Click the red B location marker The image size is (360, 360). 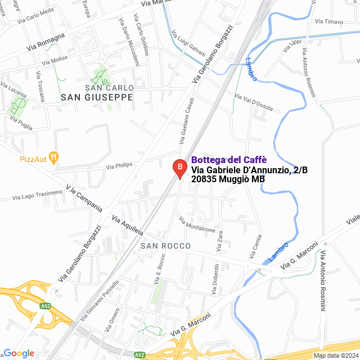pyautogui.click(x=179, y=168)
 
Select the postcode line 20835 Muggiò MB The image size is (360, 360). pyautogui.click(x=228, y=179)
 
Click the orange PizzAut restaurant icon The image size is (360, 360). pyautogui.click(x=53, y=158)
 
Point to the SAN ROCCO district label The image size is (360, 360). pyautogui.click(x=166, y=246)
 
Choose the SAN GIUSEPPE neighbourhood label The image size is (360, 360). pyautogui.click(x=97, y=97)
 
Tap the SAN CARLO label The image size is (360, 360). pyautogui.click(x=109, y=88)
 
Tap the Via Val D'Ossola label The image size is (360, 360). pyautogui.click(x=253, y=102)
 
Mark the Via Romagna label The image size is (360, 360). pyautogui.click(x=46, y=42)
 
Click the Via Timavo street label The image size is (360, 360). pyautogui.click(x=329, y=22)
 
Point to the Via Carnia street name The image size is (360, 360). pyautogui.click(x=256, y=247)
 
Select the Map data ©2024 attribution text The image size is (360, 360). pyautogui.click(x=335, y=355)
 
